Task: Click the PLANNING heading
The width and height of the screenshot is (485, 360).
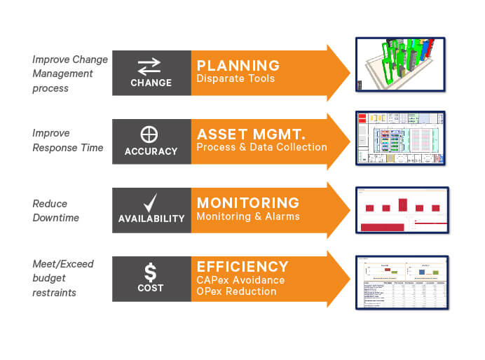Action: point(238,66)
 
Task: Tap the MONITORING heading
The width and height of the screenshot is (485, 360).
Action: point(248,203)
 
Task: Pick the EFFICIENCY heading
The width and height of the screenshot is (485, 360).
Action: point(242,267)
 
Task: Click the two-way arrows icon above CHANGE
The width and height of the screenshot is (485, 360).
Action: point(151,66)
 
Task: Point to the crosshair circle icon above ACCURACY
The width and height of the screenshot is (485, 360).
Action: point(151,134)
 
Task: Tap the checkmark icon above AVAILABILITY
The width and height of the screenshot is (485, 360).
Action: point(151,203)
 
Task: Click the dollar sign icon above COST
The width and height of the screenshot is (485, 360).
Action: point(151,270)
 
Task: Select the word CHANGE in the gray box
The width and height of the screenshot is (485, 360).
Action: point(151,83)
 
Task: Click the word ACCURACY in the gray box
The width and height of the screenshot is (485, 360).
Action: point(151,151)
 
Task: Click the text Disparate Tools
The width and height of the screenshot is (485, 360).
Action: point(235,79)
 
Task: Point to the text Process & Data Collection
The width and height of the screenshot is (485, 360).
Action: point(261,148)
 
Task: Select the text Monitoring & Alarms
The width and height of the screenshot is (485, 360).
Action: point(247,216)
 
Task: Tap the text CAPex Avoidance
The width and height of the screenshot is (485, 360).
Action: point(240,280)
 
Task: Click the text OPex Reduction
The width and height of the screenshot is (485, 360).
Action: point(236,291)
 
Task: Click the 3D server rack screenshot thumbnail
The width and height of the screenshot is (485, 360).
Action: point(400,65)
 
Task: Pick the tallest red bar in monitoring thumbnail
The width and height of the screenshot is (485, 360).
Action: point(402,205)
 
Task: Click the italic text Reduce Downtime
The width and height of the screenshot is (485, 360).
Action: point(55,211)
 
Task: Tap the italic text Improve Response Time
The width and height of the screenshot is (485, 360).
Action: point(67,139)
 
